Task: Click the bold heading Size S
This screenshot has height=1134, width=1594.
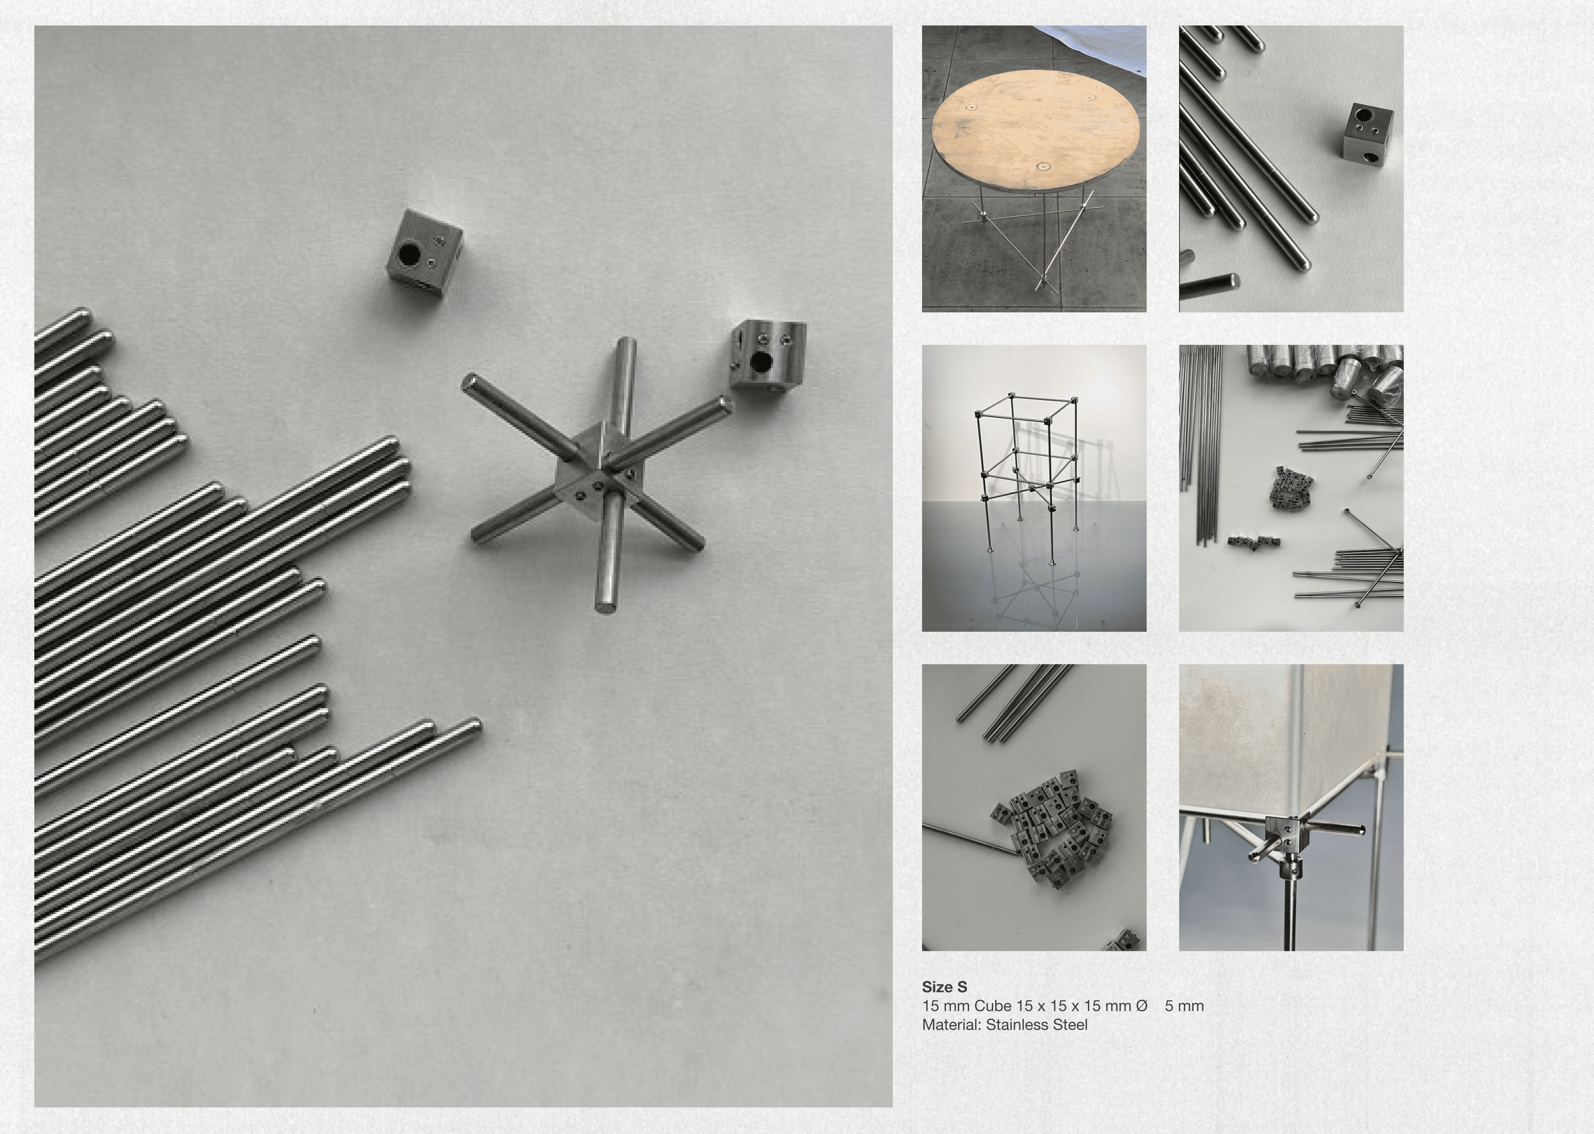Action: (944, 987)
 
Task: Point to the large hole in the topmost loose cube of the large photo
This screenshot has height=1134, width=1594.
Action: (407, 255)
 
